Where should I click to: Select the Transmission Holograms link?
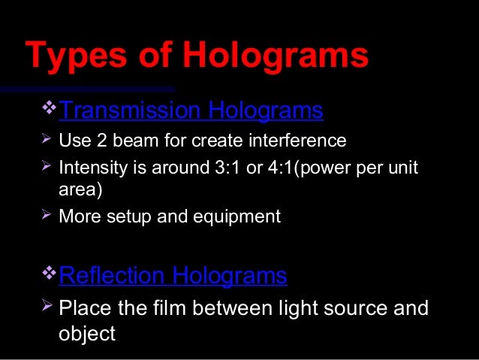(191, 111)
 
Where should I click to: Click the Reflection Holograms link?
(173, 277)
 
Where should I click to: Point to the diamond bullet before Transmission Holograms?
(50, 110)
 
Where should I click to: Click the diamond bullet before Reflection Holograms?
(50, 275)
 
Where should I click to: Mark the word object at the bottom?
(86, 333)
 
